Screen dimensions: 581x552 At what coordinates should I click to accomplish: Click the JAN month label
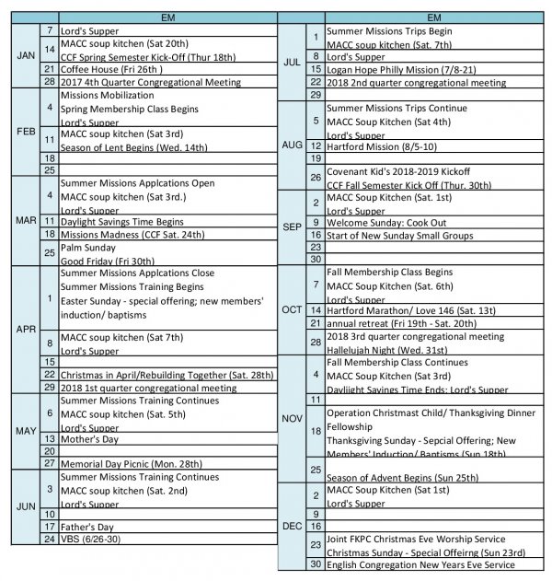tap(25, 55)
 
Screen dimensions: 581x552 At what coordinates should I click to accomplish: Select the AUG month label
tap(293, 145)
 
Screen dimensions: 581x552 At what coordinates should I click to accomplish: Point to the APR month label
tap(25, 329)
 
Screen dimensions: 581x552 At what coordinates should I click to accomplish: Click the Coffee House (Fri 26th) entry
tap(104, 69)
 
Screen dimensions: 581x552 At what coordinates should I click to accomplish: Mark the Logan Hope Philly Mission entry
tap(405, 69)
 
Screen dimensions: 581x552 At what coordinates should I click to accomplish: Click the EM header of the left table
tap(167, 17)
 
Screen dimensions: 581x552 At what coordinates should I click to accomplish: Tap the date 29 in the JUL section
tap(316, 94)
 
